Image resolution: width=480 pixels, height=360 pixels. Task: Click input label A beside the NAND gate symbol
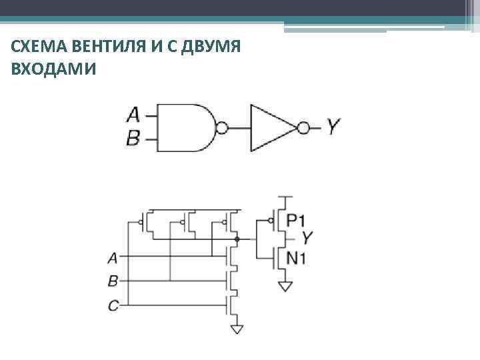pos(133,115)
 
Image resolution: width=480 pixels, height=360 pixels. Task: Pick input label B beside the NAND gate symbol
pos(133,139)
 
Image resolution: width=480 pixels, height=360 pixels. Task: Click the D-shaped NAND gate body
pos(187,127)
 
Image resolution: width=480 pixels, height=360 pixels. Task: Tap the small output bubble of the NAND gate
pos(223,127)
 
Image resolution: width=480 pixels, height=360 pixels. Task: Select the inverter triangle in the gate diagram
pos(270,127)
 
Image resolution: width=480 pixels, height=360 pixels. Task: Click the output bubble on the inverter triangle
pos(303,127)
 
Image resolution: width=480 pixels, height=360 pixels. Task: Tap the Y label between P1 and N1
pos(307,238)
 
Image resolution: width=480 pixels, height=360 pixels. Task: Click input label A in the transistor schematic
pos(113,257)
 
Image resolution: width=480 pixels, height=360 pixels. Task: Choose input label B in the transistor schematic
pos(113,281)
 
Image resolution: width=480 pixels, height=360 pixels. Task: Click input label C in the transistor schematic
pos(113,306)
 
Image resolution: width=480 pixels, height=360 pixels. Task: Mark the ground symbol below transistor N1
pos(285,287)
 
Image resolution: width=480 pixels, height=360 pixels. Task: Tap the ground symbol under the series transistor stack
pos(236,327)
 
